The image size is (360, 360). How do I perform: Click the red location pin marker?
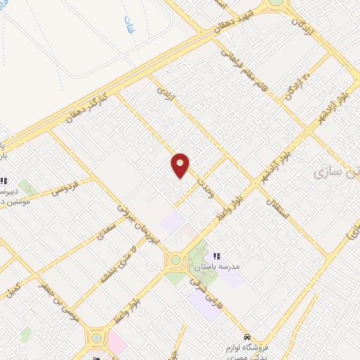point(180,165)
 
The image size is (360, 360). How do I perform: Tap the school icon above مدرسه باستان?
point(217,256)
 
